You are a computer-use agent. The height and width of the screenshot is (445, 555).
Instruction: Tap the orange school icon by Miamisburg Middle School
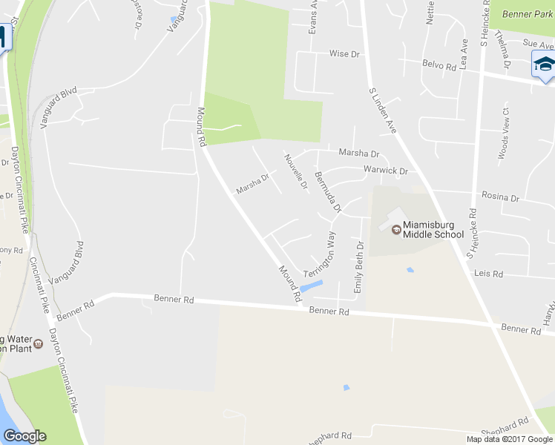[396, 230]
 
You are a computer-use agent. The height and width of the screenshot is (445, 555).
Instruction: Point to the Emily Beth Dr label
[359, 266]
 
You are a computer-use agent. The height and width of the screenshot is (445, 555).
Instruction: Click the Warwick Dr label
[385, 171]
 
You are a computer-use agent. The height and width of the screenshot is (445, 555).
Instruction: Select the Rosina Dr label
[500, 198]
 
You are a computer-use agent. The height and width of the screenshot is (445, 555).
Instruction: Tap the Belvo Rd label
[439, 65]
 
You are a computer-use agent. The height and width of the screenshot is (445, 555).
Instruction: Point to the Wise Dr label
[344, 54]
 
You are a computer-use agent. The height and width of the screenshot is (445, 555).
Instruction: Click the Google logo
[24, 436]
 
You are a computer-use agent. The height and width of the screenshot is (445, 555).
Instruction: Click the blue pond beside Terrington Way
[312, 286]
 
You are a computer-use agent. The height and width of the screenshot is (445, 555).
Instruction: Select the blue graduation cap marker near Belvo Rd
[544, 65]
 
